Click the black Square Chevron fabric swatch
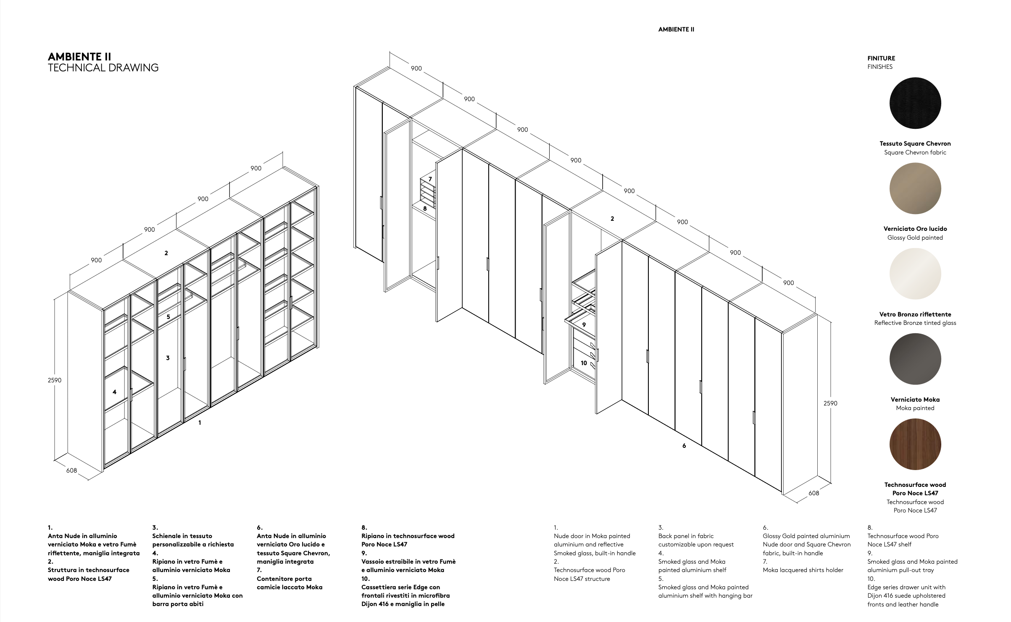(x=915, y=103)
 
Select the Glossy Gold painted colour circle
(x=915, y=188)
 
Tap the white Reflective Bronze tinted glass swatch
(x=915, y=274)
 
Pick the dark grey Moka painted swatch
(x=915, y=359)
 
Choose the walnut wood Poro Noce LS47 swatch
(x=915, y=444)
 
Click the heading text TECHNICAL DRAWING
(x=103, y=68)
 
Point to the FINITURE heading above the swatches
(x=881, y=58)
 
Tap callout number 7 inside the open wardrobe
(x=430, y=179)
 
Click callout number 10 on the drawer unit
(x=584, y=363)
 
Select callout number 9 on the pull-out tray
(x=584, y=324)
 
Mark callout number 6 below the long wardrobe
(x=684, y=446)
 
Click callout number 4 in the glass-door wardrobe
(x=114, y=392)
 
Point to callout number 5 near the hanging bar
(x=168, y=317)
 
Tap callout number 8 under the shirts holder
(x=425, y=208)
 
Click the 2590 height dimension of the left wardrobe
(x=55, y=380)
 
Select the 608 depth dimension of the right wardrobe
(x=814, y=493)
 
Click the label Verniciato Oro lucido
(x=915, y=229)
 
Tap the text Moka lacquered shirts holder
(x=803, y=570)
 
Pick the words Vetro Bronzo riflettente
(x=915, y=314)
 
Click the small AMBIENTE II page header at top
(x=676, y=29)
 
